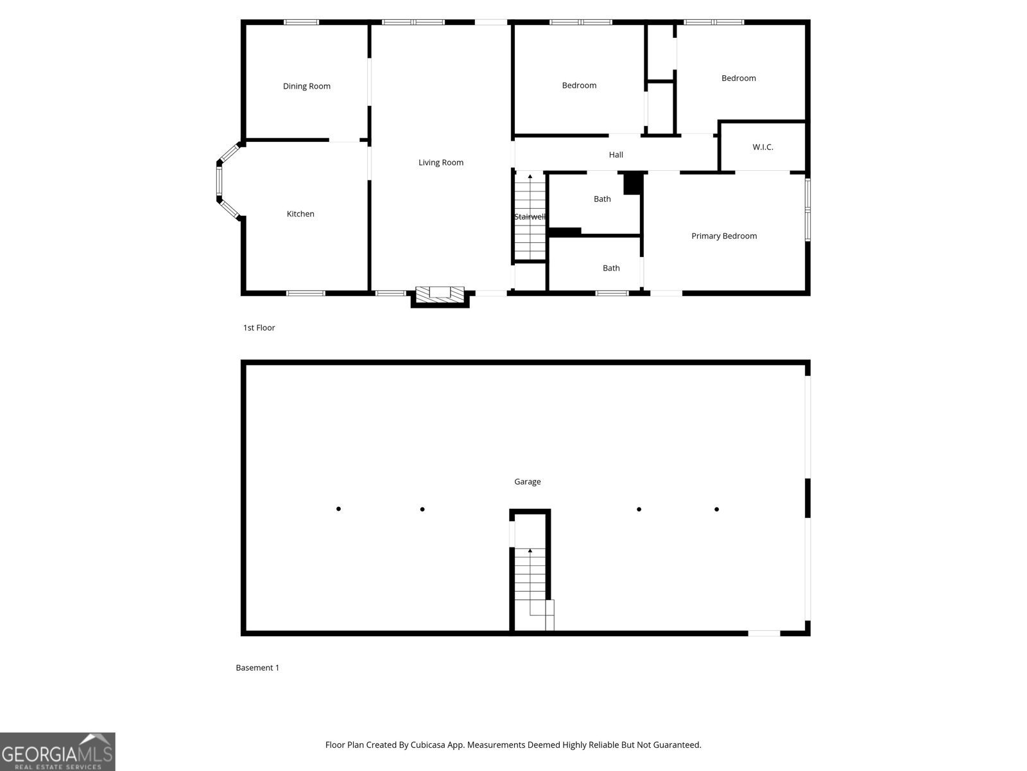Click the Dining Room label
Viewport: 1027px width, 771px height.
[306, 86]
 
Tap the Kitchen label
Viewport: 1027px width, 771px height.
[300, 214]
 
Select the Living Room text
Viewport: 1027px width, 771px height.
[441, 163]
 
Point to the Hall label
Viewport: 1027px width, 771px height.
[616, 154]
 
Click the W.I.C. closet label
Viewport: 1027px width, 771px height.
[763, 147]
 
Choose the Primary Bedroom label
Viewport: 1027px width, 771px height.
[724, 236]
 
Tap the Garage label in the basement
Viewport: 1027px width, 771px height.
[528, 482]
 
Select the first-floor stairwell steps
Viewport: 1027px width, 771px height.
[530, 217]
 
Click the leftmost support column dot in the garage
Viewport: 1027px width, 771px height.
[338, 509]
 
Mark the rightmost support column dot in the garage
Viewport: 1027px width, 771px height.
[716, 510]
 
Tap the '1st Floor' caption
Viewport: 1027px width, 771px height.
[259, 328]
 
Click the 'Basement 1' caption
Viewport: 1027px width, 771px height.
[257, 668]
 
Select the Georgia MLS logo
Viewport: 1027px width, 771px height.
[58, 751]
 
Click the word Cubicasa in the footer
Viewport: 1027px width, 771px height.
[428, 745]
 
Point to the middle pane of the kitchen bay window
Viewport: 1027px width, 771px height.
[219, 181]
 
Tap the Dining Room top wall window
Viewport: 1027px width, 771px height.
[301, 22]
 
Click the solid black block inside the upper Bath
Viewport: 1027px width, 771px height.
[633, 183]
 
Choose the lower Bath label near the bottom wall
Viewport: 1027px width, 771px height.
[611, 268]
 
